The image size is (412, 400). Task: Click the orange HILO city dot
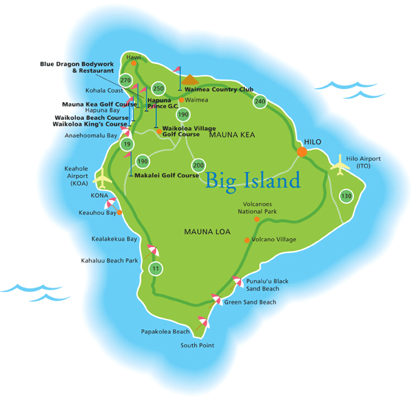coord(302,151)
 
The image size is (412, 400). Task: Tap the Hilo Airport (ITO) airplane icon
coord(341,166)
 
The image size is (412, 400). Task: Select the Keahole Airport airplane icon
coord(102,179)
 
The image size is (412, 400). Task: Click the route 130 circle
coord(347,196)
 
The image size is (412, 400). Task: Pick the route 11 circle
coord(155,269)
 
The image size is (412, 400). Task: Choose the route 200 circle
coord(198,165)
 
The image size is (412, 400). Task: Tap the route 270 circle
coord(125,80)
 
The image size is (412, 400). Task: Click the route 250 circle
coord(158,88)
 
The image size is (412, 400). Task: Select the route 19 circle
coord(127,145)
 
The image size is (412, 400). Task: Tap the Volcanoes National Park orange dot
coord(256,219)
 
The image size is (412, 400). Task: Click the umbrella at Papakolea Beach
coord(202,321)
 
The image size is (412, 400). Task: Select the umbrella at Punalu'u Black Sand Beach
coord(237,281)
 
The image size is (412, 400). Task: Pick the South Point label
coord(196,346)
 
